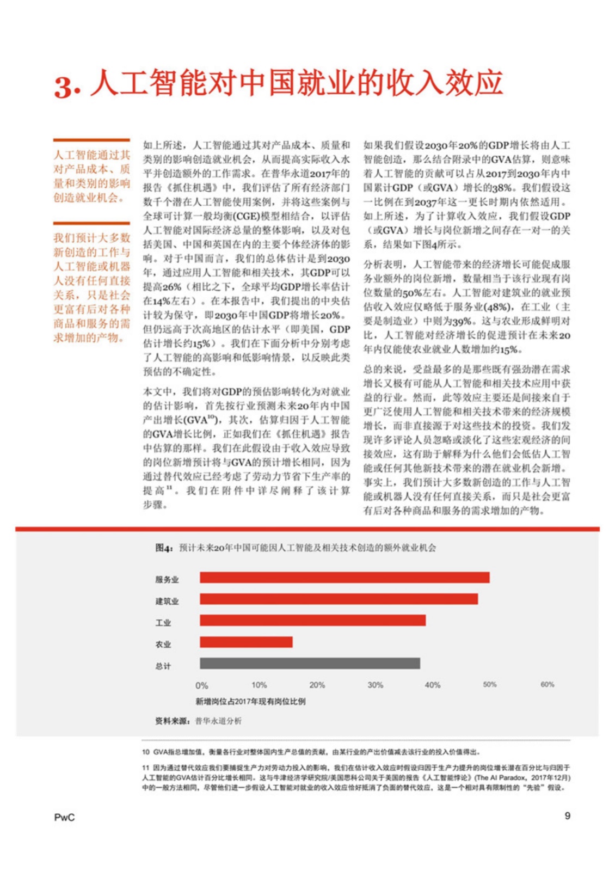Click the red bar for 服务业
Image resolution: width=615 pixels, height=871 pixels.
click(x=344, y=578)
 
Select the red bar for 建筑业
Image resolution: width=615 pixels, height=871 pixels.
click(x=339, y=599)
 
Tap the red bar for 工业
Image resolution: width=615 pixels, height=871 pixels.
click(x=312, y=621)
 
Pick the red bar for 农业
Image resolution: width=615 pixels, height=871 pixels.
click(x=246, y=642)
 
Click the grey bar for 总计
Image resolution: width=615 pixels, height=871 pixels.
click(x=310, y=664)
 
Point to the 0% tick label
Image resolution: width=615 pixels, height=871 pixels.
click(x=201, y=685)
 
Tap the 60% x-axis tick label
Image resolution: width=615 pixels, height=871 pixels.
click(x=547, y=685)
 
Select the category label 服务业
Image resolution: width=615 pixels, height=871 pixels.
click(x=167, y=580)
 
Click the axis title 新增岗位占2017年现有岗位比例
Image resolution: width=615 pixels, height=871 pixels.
click(x=250, y=702)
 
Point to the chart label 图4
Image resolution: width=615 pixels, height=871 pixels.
click(x=164, y=548)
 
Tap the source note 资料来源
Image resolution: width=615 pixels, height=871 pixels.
click(x=172, y=721)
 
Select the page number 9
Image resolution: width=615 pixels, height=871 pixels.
click(x=567, y=815)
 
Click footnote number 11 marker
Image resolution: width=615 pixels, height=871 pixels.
click(x=146, y=768)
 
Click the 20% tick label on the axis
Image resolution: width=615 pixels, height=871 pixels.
click(x=317, y=685)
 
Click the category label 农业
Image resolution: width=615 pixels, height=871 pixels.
click(x=163, y=645)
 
